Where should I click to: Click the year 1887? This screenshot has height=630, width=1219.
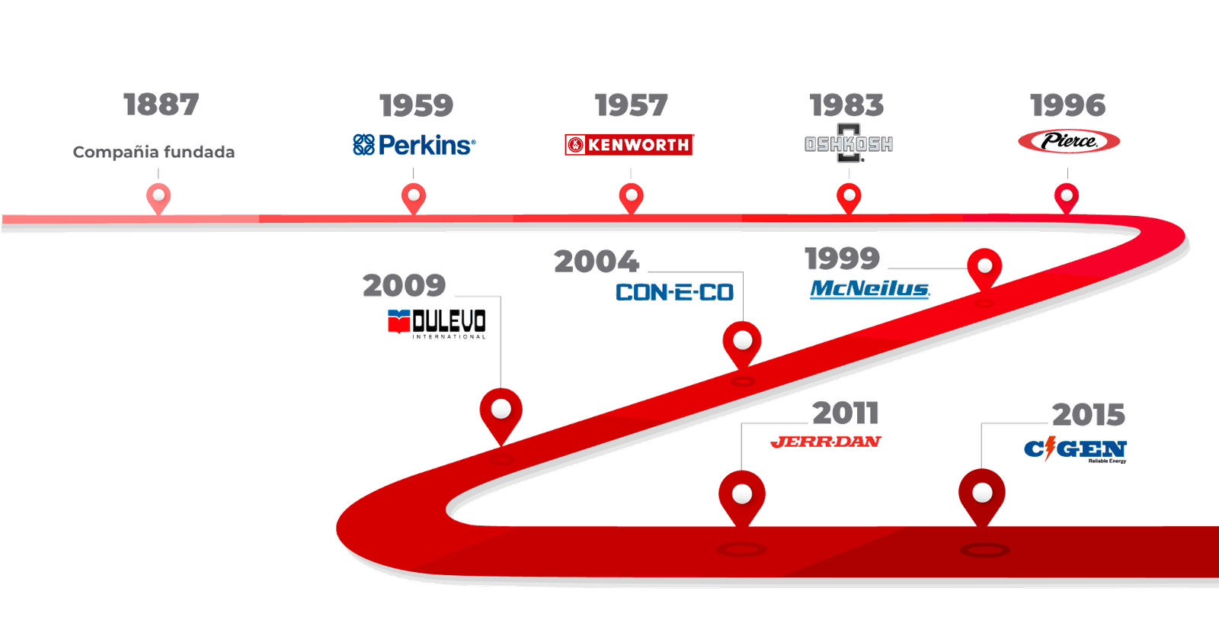click(161, 104)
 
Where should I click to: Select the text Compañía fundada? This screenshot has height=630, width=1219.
click(154, 152)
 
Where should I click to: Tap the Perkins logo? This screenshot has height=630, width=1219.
click(414, 144)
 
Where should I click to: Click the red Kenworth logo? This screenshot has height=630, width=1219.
click(629, 144)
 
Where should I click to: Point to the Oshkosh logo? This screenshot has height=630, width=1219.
click(849, 143)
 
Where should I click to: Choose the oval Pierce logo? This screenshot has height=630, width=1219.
click(1068, 141)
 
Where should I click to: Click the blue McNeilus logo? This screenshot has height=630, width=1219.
click(869, 289)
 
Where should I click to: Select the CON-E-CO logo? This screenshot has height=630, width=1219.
click(674, 292)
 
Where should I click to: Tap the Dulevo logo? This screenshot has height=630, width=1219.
click(437, 323)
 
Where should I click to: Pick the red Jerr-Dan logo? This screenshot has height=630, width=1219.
click(826, 442)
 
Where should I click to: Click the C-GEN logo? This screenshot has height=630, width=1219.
click(1075, 449)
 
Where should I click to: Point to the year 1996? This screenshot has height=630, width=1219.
click(1067, 105)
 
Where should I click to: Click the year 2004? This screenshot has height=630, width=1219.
click(596, 262)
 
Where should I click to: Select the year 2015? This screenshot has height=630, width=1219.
click(1089, 415)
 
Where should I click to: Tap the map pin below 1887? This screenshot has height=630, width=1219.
click(159, 198)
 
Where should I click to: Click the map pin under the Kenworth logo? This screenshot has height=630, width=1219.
click(631, 197)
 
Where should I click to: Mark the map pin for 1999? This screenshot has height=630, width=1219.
click(984, 267)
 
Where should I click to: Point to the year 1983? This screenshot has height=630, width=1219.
click(847, 105)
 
